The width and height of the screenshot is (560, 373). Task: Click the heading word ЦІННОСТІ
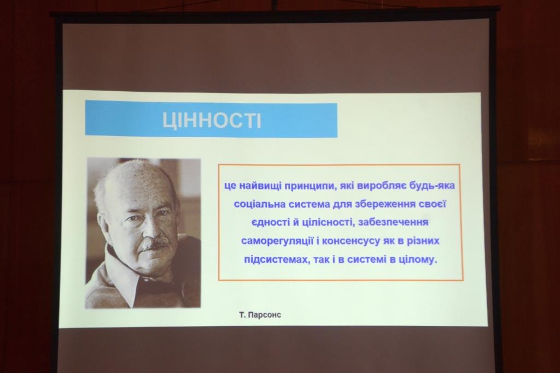point(212,120)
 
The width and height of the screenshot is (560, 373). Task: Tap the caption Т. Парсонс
point(260,315)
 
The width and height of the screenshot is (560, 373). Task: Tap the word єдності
point(270,223)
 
